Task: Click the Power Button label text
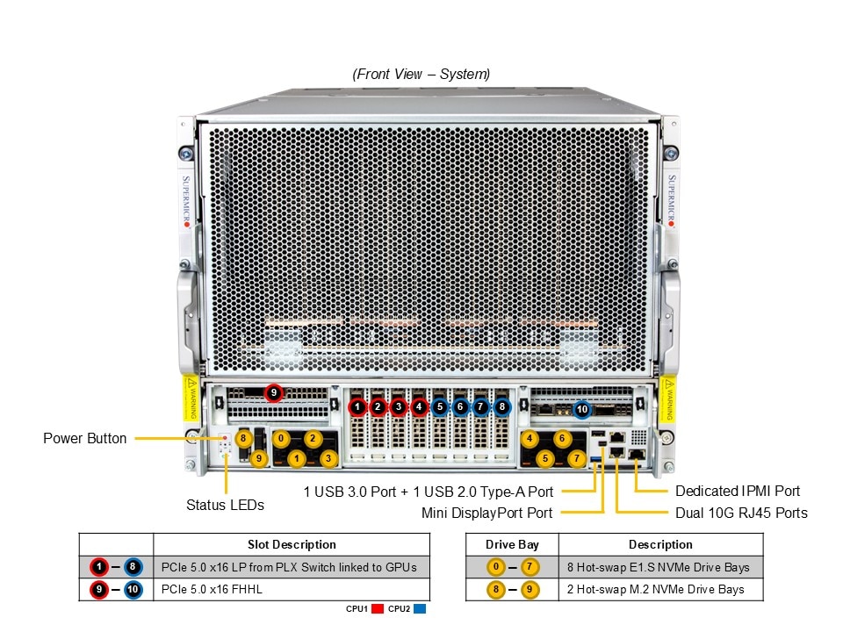tap(85, 438)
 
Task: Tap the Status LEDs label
tap(225, 505)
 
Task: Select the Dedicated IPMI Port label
tap(738, 492)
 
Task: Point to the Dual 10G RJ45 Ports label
tap(740, 513)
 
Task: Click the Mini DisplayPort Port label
tap(486, 513)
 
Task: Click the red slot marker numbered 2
tap(378, 406)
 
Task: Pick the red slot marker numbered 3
tap(399, 406)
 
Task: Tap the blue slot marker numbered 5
tap(440, 406)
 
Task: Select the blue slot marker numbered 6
tap(460, 406)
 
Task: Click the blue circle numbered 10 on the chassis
tap(582, 409)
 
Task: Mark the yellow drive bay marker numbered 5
tap(545, 458)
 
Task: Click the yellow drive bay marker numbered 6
tap(562, 438)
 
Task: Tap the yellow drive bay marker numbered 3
tap(328, 458)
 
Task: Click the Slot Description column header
tap(292, 544)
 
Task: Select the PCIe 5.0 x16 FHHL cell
tap(213, 589)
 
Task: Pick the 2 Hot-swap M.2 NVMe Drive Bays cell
tap(656, 589)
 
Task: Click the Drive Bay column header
tap(512, 544)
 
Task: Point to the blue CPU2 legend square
tap(419, 608)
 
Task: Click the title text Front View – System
tap(421, 75)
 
